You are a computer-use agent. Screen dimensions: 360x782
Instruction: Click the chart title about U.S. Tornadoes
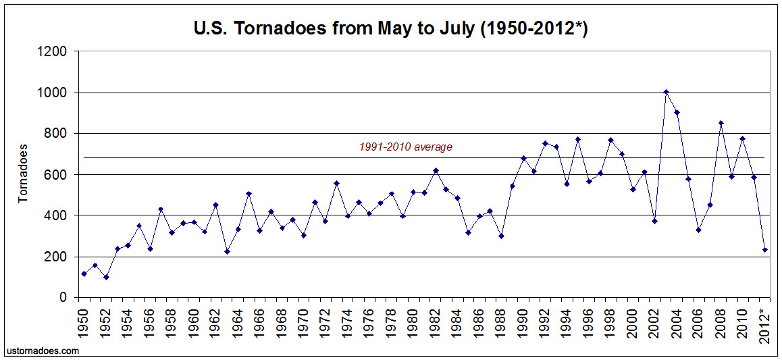(390, 30)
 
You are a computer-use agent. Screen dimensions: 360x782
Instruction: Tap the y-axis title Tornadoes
(23, 173)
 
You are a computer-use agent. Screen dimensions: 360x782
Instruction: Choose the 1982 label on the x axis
(436, 319)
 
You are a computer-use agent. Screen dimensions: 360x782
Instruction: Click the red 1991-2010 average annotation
(405, 147)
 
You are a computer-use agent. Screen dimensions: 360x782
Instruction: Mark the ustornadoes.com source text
(42, 351)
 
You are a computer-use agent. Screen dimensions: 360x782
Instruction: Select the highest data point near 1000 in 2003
(666, 92)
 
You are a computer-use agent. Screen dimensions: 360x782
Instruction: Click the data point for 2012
(764, 250)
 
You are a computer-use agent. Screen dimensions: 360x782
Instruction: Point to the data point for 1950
(84, 274)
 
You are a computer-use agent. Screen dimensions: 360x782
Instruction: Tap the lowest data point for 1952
(106, 277)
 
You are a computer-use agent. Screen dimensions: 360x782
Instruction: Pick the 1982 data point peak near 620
(436, 170)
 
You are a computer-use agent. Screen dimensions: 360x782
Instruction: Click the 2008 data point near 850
(721, 123)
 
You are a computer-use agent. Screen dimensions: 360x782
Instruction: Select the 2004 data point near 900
(677, 112)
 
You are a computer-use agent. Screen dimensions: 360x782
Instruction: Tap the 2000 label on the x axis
(633, 319)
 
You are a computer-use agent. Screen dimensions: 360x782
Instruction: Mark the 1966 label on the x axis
(260, 319)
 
